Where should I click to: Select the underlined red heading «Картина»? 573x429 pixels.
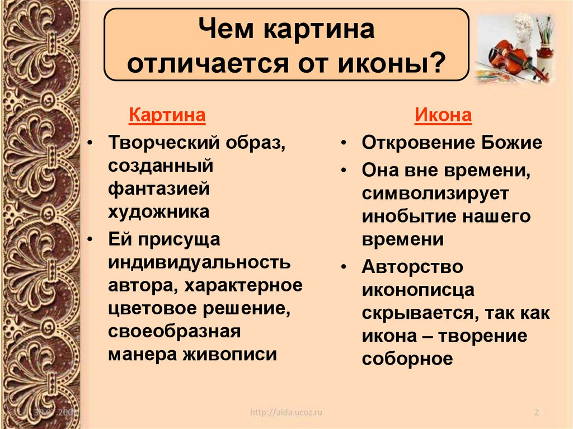[167, 116]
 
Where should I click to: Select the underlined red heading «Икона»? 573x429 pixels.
[443, 116]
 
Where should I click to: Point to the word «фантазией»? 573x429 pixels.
[159, 189]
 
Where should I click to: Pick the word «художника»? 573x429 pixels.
[159, 212]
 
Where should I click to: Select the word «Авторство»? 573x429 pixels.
[412, 267]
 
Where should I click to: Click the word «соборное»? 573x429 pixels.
[407, 359]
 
